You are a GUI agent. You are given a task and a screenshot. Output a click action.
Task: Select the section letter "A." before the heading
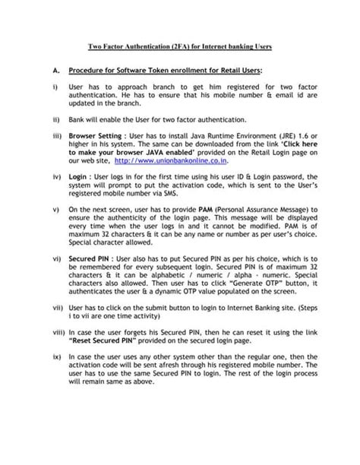pyautogui.click(x=56, y=70)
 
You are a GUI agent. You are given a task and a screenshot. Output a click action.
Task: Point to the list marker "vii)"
pyautogui.click(x=58, y=311)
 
